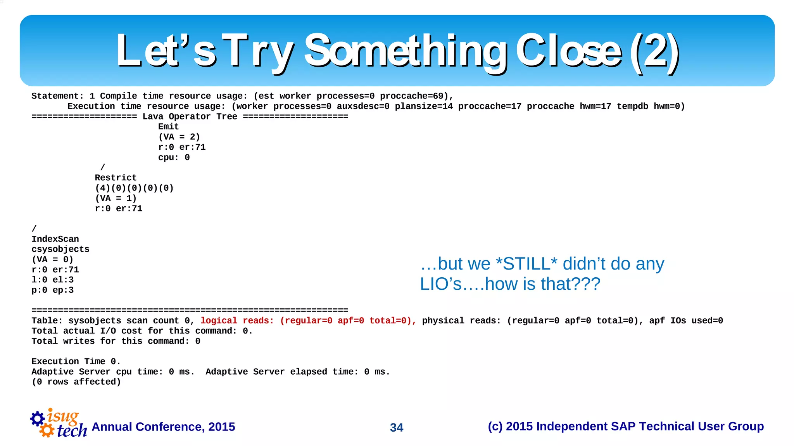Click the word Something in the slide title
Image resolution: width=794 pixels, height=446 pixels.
coord(405,50)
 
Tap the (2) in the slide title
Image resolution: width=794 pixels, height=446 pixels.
coord(654,50)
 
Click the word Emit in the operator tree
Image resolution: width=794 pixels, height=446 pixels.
coord(168,126)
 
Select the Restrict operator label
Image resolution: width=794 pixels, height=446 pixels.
coord(116,178)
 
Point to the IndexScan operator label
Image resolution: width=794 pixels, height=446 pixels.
coord(55,239)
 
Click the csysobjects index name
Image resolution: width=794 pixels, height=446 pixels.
coord(60,249)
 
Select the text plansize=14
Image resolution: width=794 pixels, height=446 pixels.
coord(423,106)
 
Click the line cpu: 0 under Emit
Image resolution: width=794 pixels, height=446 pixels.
coord(174,157)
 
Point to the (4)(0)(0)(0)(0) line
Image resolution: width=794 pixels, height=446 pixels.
coord(134,188)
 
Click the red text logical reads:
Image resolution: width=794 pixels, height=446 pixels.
coord(237,321)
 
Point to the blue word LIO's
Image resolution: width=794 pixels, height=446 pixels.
coord(441,284)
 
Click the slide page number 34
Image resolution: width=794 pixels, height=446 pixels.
coord(397,427)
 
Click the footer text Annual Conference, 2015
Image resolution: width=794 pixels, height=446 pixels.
coord(163,427)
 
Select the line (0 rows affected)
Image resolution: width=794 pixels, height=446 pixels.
coord(76,382)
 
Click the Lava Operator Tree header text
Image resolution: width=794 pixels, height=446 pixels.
coord(190,116)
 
